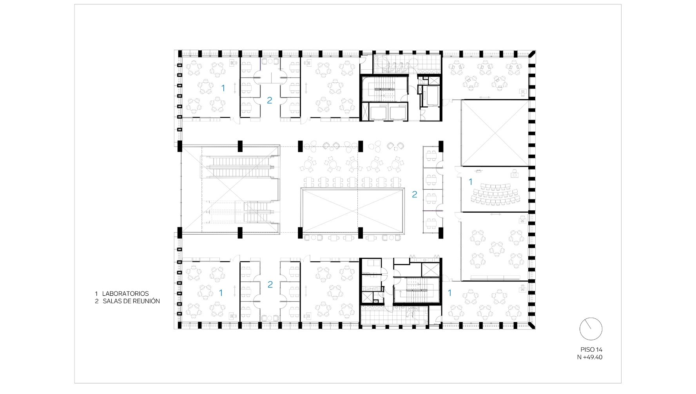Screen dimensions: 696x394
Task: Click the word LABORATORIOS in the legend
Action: pyautogui.click(x=125, y=294)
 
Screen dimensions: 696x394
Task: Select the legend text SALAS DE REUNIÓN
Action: pyautogui.click(x=131, y=301)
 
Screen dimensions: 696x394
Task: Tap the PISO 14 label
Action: pyautogui.click(x=591, y=349)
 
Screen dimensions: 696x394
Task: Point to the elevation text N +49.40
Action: pyautogui.click(x=589, y=357)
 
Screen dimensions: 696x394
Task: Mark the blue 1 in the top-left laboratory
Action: pyautogui.click(x=223, y=88)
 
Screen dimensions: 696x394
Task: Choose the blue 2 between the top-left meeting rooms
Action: pyautogui.click(x=269, y=101)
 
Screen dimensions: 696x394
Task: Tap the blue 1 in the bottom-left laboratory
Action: pyautogui.click(x=221, y=293)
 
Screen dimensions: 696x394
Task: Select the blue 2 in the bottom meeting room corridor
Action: pyautogui.click(x=270, y=285)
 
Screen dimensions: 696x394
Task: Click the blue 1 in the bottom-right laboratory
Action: pyautogui.click(x=449, y=293)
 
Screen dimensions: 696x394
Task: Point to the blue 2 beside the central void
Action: pyautogui.click(x=414, y=194)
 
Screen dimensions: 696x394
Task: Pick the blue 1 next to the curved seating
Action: pyautogui.click(x=471, y=182)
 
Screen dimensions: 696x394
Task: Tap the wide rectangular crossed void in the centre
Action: pyautogui.click(x=352, y=210)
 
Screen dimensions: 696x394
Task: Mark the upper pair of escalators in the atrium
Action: pyautogui.click(x=240, y=166)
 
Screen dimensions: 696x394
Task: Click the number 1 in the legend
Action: pyautogui.click(x=96, y=294)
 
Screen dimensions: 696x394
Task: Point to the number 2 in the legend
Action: pyautogui.click(x=97, y=301)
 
